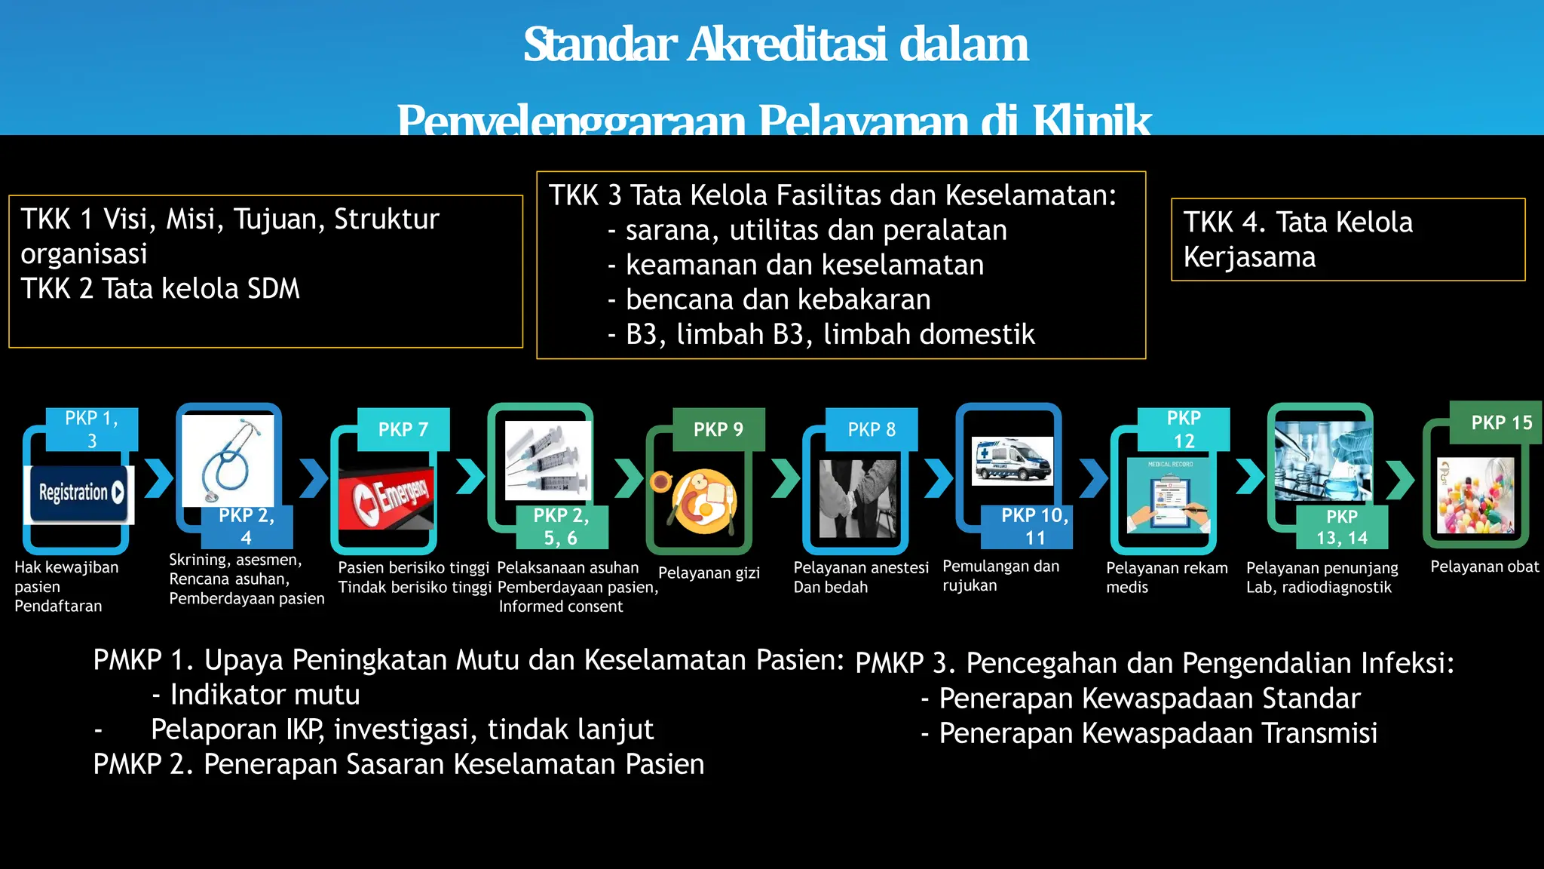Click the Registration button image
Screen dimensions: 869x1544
79,494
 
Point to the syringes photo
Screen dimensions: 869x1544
548,461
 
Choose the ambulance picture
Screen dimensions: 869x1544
1012,459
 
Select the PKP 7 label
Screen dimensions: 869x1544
403,429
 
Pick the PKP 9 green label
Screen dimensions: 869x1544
718,429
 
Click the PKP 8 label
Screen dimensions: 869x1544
872,429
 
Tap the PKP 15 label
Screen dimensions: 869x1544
1501,422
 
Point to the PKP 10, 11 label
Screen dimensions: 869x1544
1034,527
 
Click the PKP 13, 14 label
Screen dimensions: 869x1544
1342,527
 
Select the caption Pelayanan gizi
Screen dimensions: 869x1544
709,573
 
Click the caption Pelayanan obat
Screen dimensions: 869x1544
1484,567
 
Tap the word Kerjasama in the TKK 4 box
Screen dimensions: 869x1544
1249,257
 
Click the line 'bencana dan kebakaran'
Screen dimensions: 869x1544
778,299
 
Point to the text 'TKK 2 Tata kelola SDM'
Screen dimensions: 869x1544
160,288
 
